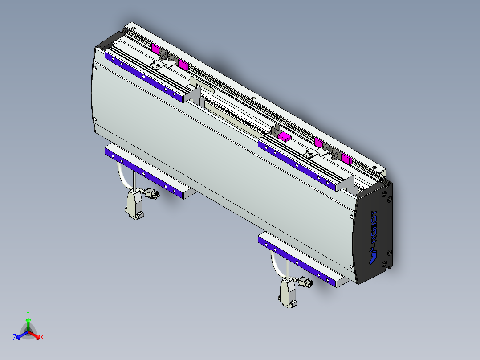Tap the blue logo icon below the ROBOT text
(374, 257)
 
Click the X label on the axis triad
(42, 338)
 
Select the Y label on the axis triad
(28, 313)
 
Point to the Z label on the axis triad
(15, 338)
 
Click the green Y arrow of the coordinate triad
(28, 323)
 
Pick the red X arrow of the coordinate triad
(35, 335)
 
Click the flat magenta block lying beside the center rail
(284, 136)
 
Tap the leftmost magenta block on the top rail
(155, 49)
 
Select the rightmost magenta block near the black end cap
(346, 158)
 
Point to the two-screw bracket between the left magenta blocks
(157, 66)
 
